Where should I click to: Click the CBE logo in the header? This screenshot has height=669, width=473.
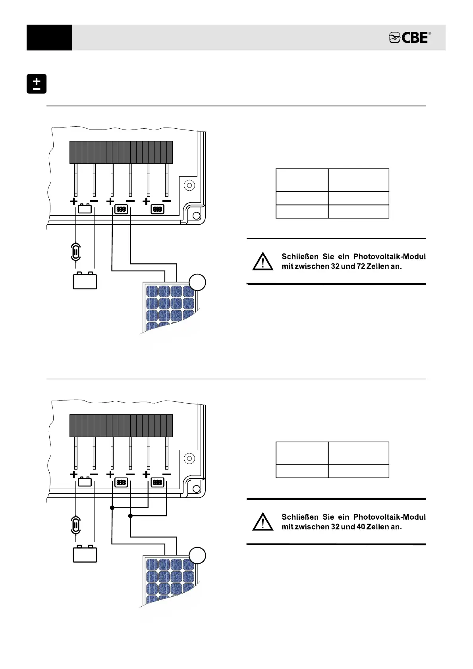pos(409,38)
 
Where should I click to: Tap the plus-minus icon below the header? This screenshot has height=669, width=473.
pos(37,84)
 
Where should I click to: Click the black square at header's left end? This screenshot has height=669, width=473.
pos(49,38)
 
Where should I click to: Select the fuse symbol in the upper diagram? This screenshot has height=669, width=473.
pos(75,252)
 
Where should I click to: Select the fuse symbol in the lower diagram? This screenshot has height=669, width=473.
pos(75,525)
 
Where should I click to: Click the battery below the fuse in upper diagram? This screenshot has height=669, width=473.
pos(85,280)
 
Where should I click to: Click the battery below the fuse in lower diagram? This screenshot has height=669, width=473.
pos(85,554)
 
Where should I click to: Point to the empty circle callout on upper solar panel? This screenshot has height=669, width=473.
pos(197,282)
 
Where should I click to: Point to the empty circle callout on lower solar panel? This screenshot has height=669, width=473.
pos(197,556)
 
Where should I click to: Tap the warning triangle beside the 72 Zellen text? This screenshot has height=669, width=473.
pos(263,262)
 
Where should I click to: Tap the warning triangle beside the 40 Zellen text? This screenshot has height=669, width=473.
pos(263,522)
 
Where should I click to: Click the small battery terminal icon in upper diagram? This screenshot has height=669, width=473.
pos(85,209)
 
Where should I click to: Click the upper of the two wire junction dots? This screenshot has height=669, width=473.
pos(112,508)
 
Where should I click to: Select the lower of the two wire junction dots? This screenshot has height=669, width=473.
pos(131,516)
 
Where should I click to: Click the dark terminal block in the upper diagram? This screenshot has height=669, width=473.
pos(121,152)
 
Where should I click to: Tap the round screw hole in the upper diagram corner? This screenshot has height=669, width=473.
pos(189,186)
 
